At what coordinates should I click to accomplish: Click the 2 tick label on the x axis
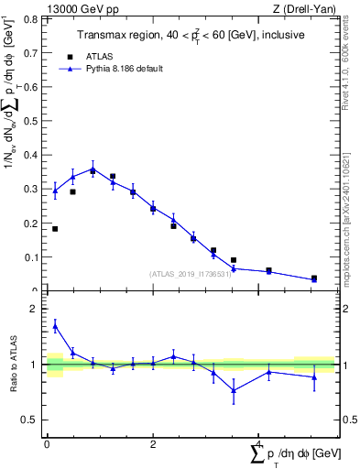[x=152, y=442]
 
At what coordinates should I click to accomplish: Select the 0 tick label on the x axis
[x=47, y=442]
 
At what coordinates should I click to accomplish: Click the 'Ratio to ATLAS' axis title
[x=13, y=365]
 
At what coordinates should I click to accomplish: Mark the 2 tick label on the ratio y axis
[x=36, y=309]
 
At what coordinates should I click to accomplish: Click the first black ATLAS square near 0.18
[x=55, y=229]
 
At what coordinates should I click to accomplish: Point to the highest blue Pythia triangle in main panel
[x=93, y=169]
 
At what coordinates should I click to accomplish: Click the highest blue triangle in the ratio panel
[x=55, y=325]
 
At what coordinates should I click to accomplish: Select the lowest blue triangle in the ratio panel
[x=234, y=390]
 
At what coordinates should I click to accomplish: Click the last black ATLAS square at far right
[x=314, y=278]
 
